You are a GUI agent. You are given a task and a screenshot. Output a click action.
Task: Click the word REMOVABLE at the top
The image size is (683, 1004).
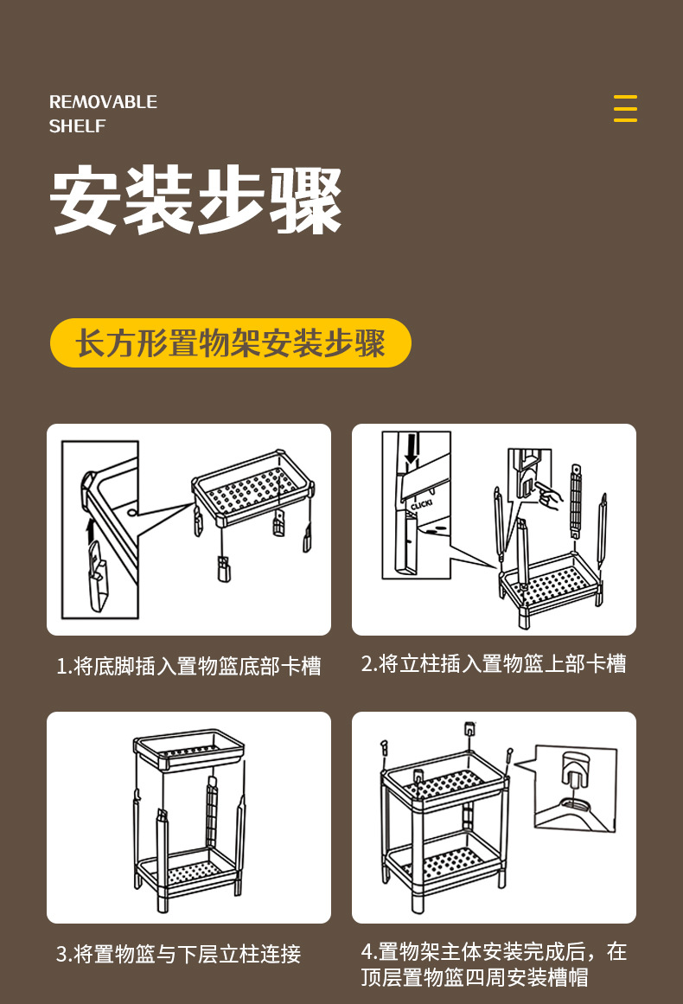[x=103, y=102]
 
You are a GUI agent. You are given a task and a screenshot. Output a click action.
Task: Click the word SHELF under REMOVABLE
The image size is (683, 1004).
[x=77, y=126]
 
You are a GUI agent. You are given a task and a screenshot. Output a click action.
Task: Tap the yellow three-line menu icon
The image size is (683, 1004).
[x=625, y=109]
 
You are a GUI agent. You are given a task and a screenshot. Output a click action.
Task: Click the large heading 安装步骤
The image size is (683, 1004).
[x=196, y=200]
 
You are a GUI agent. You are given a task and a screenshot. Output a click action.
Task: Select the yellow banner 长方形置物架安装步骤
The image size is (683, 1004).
[x=230, y=343]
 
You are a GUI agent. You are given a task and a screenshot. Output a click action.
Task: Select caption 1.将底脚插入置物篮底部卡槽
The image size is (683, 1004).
[x=188, y=666]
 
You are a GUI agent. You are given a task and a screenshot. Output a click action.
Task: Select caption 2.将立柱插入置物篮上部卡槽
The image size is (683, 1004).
[x=494, y=664]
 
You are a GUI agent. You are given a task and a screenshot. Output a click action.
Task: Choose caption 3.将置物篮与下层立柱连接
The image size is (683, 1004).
[x=178, y=955]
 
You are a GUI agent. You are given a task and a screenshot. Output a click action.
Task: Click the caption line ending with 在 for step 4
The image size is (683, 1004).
[x=494, y=952]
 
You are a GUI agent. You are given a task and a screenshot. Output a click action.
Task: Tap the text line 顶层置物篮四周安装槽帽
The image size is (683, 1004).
[x=475, y=978]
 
